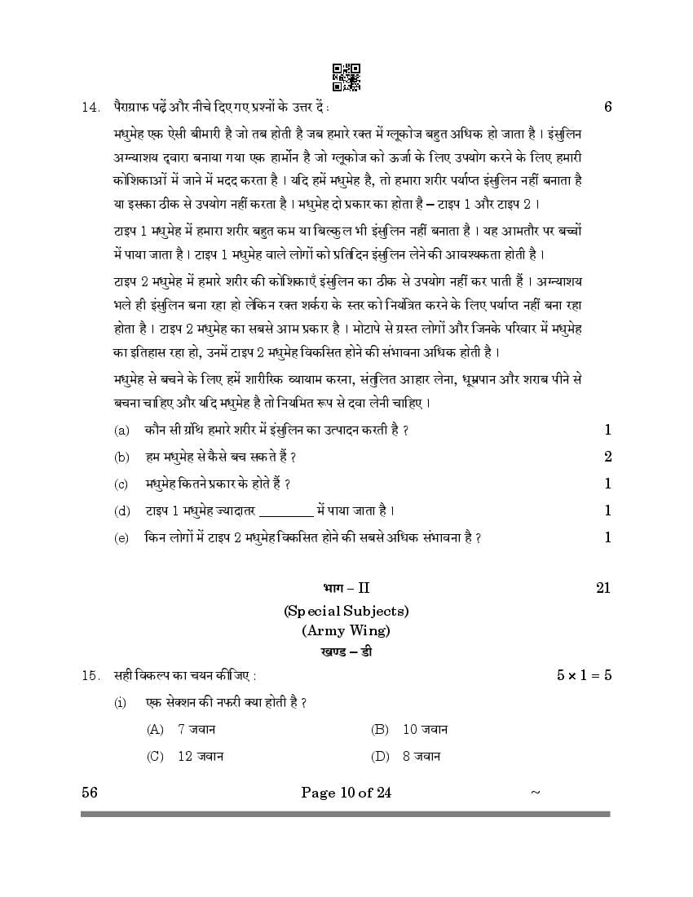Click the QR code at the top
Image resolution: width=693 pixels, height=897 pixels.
point(346,77)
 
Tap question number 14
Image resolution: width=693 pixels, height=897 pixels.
point(90,107)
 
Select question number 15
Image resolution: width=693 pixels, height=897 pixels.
point(90,675)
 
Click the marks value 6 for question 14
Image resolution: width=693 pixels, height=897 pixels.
point(607,107)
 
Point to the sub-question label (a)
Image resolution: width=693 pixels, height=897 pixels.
point(122,431)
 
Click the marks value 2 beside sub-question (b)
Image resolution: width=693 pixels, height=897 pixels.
point(607,457)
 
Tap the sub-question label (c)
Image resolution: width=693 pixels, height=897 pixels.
point(122,484)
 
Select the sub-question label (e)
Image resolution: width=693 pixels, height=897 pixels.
point(122,537)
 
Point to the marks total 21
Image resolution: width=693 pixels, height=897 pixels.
point(603,587)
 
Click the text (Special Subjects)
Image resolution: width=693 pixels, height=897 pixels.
point(346,610)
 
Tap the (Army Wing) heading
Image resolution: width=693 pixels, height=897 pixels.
point(346,630)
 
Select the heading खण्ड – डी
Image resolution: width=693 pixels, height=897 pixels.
point(346,652)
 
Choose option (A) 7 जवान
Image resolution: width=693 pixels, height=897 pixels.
point(181,730)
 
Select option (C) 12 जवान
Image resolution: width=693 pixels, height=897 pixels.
point(185,756)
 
